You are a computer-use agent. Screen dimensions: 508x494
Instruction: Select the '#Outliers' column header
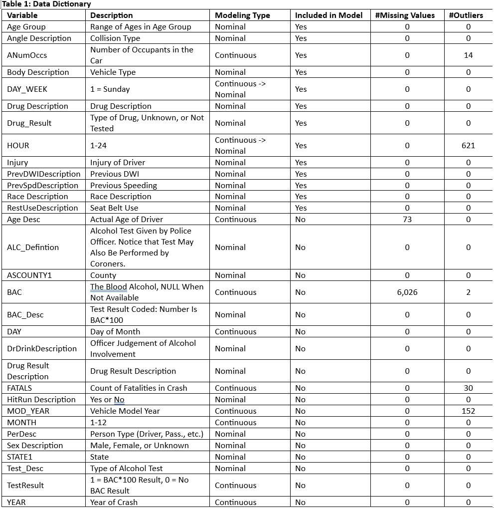point(466,15)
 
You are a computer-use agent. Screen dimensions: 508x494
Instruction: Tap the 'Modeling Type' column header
point(242,15)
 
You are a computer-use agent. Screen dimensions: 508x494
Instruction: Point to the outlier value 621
point(468,146)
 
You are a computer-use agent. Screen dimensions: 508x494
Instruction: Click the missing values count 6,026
point(407,292)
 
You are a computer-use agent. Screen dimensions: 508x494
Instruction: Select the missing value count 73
point(407,220)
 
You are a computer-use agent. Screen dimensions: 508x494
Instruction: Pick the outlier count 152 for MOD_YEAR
point(468,411)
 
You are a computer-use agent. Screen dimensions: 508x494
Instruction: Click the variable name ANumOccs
point(27,55)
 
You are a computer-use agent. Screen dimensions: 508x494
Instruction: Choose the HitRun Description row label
point(41,400)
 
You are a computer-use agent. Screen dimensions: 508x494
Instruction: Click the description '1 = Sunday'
point(110,89)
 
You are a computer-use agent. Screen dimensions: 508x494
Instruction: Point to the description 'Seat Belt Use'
point(114,208)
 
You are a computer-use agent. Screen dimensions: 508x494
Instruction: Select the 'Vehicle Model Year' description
point(125,411)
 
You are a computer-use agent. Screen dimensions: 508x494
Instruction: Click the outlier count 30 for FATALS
point(468,388)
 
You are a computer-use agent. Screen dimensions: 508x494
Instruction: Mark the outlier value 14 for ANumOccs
point(468,55)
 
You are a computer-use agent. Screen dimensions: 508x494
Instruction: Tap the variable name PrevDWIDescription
point(44,174)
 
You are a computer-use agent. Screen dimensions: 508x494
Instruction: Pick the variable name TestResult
point(25,486)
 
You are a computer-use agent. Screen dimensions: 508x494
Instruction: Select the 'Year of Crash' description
point(114,503)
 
